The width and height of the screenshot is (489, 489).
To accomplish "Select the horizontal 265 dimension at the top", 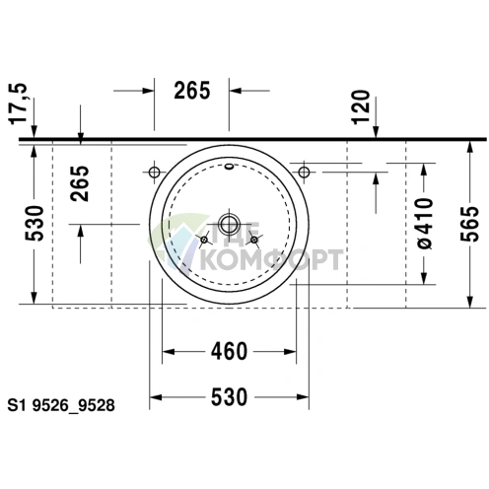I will click(x=192, y=91).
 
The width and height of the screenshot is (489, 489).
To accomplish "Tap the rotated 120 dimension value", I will click(x=361, y=105).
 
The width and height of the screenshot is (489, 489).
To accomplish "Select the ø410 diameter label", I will click(x=426, y=223).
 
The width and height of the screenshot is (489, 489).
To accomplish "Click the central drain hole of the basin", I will click(x=230, y=222).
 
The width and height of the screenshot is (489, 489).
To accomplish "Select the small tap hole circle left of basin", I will click(x=155, y=173).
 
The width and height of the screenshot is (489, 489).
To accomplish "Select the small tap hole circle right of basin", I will click(x=305, y=173).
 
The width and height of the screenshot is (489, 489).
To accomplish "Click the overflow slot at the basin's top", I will click(x=230, y=167).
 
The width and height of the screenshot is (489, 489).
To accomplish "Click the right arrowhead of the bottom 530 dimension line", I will click(x=307, y=396).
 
